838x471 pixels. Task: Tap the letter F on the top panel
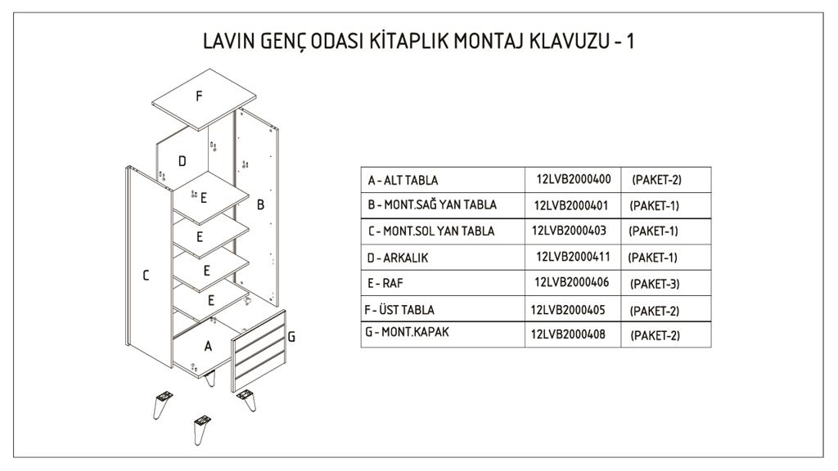click(199, 96)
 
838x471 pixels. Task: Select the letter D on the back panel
click(182, 161)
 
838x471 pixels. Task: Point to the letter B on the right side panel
click(260, 205)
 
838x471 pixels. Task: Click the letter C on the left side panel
click(146, 276)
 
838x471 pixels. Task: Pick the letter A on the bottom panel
click(208, 346)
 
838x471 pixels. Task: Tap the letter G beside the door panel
click(291, 336)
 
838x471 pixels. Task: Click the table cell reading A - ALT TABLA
click(403, 180)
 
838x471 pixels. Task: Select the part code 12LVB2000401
click(572, 204)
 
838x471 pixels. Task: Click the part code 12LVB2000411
click(573, 257)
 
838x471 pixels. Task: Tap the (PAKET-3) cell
click(656, 285)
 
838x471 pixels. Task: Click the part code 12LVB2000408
click(569, 334)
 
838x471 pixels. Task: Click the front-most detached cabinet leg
click(200, 429)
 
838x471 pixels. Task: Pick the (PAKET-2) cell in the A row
click(656, 179)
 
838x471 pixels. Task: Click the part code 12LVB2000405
click(569, 309)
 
